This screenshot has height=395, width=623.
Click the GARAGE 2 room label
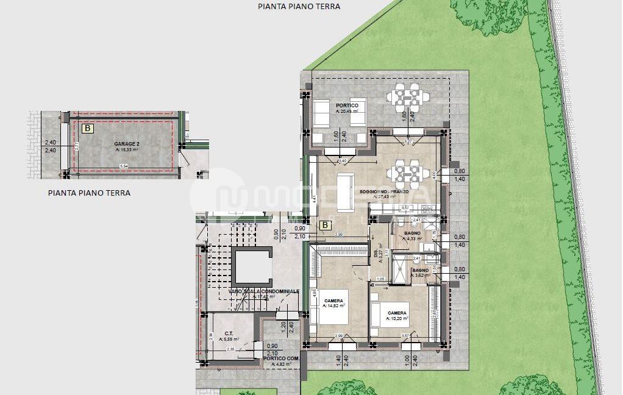126,144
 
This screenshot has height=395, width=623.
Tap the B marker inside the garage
88,129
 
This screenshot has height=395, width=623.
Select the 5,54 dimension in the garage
124,166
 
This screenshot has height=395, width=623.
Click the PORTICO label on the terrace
346,105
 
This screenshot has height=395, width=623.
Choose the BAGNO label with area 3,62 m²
419,270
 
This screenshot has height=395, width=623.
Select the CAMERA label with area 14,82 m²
333,301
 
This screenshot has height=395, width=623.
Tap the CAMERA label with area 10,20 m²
397,313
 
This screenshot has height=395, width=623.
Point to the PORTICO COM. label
281,358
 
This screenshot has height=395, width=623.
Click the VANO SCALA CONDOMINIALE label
264,291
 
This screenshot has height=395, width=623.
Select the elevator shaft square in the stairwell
252,267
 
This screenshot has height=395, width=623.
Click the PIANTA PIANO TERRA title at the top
299,7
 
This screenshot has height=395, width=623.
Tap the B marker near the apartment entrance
326,225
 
